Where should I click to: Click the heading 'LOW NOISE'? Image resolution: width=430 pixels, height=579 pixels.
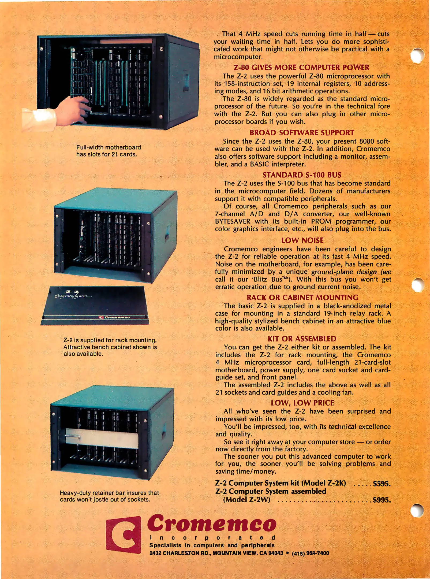[x=302, y=240]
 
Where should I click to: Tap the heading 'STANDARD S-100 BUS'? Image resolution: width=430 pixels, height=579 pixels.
[x=302, y=175]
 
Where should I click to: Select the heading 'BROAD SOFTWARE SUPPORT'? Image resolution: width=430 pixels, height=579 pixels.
[x=302, y=133]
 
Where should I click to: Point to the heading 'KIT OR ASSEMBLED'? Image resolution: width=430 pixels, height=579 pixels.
[x=302, y=339]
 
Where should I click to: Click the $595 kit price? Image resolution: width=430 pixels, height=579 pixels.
[x=382, y=484]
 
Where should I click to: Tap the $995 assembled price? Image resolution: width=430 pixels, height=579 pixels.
[x=382, y=500]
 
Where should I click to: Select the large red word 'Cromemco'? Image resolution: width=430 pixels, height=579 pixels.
[x=212, y=523]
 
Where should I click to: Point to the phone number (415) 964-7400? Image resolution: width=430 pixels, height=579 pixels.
[x=310, y=553]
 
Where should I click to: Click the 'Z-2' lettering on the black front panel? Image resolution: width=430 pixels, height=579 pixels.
[x=72, y=292]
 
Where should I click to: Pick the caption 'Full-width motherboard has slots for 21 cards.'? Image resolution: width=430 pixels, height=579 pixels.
[x=109, y=151]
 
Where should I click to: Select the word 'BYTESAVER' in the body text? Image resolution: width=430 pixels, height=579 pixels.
[x=233, y=221]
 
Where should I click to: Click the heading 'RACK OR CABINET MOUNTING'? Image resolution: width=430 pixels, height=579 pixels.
[x=302, y=298]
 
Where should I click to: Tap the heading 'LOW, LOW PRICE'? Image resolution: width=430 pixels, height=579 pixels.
[x=302, y=403]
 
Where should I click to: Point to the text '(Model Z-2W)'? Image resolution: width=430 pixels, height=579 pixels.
[x=246, y=500]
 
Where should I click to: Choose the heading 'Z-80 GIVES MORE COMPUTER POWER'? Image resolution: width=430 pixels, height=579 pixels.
[x=301, y=67]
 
